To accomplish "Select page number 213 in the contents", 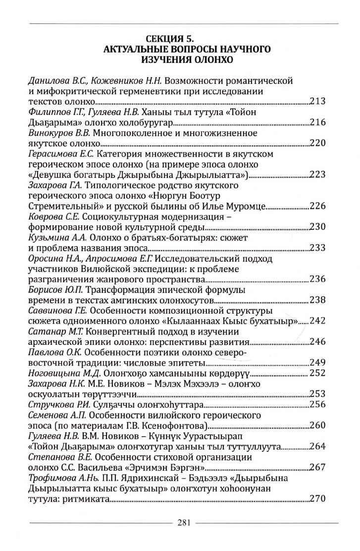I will point(317,102).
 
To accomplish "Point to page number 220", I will point(317,144).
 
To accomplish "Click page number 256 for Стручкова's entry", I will point(317,404).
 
